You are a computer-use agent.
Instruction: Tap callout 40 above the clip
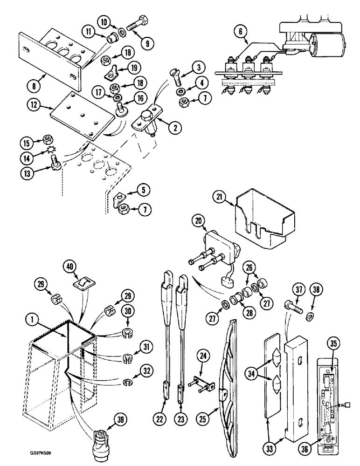pyautogui.click(x=69, y=266)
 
